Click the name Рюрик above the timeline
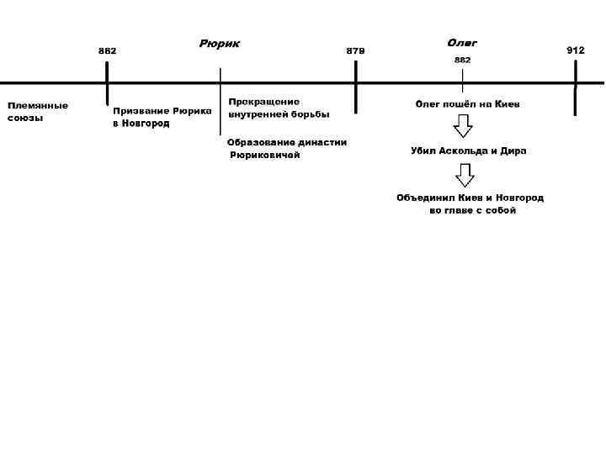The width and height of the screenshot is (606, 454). (x=219, y=43)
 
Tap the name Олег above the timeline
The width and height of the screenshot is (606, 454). (x=462, y=43)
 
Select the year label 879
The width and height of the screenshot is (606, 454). (x=356, y=51)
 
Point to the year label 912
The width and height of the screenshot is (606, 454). (x=576, y=50)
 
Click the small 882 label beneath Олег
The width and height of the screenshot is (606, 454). (x=463, y=61)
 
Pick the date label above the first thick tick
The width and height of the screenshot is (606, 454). (x=108, y=51)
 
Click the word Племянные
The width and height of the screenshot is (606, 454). (x=38, y=105)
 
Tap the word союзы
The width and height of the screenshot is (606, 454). (x=25, y=118)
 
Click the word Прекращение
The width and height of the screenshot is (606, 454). (x=263, y=102)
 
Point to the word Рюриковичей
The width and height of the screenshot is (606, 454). (x=265, y=156)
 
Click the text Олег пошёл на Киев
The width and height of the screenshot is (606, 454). (x=468, y=105)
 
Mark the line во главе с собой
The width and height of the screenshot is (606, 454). (x=472, y=211)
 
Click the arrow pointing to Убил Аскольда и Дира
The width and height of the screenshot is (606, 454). (x=463, y=126)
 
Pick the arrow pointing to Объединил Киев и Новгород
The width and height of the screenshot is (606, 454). (x=465, y=174)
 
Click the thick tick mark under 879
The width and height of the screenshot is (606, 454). (x=356, y=87)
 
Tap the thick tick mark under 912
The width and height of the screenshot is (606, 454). (x=576, y=87)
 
